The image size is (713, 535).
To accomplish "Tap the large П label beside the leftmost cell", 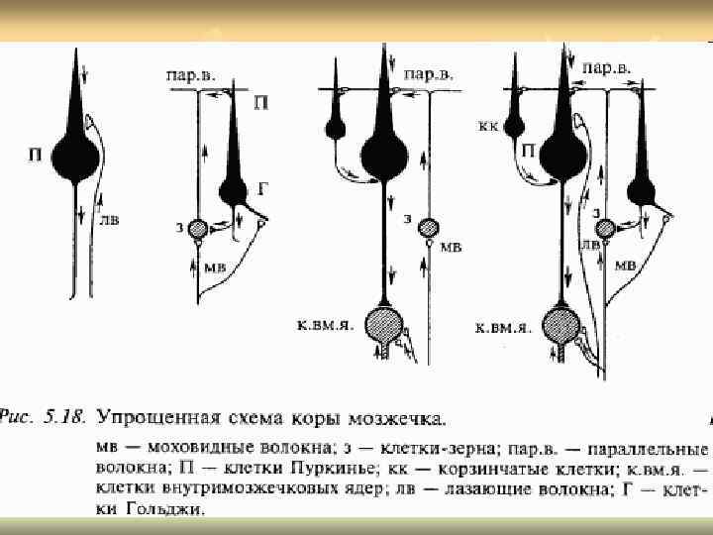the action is (x=36, y=155).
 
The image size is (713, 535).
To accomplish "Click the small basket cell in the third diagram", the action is (x=334, y=128).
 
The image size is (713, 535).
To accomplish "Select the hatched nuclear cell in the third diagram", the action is (x=383, y=324).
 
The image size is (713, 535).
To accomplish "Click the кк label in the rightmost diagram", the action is (x=487, y=127).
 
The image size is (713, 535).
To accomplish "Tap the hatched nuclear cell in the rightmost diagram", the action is (x=560, y=324).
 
